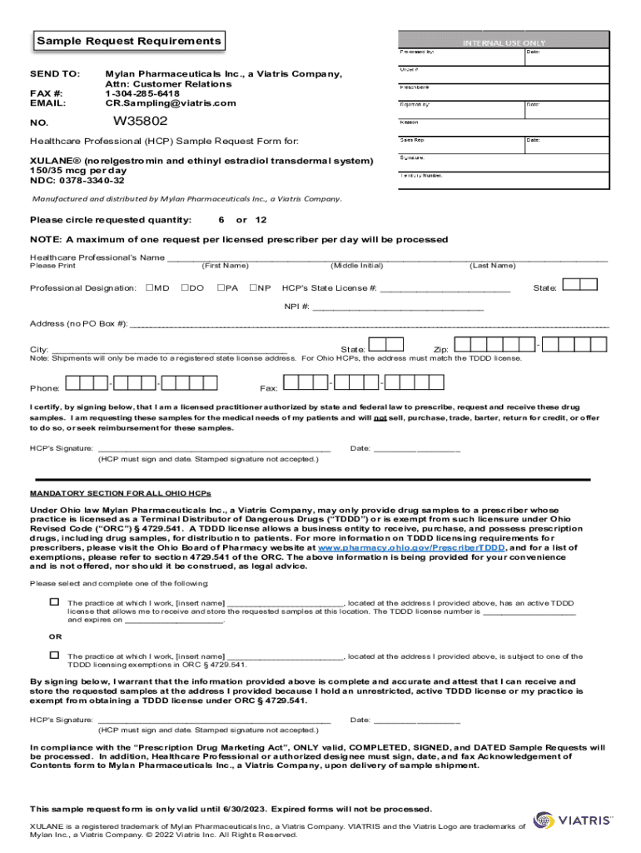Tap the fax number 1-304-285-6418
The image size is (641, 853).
tap(142, 93)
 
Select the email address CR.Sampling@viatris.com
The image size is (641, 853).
tap(171, 103)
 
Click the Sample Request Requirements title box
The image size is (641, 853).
tap(129, 41)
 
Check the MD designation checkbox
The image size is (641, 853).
tap(150, 287)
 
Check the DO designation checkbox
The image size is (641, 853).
tap(185, 287)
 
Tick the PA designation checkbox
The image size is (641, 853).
tap(221, 287)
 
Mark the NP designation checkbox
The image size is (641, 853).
tap(254, 287)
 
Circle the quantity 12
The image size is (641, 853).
tap(261, 220)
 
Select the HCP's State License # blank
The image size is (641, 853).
tap(445, 288)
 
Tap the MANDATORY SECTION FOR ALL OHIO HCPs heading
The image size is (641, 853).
tap(122, 492)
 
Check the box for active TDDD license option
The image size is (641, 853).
tap(54, 601)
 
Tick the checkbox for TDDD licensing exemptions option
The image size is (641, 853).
tap(54, 656)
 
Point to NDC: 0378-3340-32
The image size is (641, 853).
tap(77, 180)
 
